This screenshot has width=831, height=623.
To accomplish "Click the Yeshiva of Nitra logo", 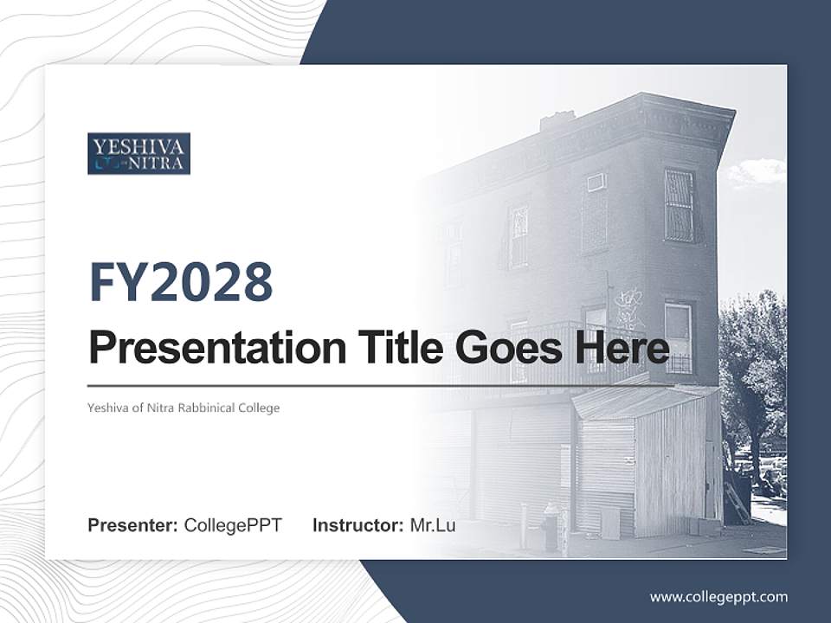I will [x=138, y=153].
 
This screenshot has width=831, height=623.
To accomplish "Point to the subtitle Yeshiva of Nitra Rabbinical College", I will [x=184, y=408].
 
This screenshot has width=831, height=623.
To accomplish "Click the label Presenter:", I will [x=132, y=525].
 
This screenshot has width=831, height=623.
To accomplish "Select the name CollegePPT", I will [x=233, y=525].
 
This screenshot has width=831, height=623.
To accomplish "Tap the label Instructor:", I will [x=358, y=525].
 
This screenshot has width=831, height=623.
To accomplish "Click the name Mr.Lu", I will [x=433, y=525].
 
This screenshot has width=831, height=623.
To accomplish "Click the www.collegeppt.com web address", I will [x=718, y=596].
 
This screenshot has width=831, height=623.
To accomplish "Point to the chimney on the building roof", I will [x=557, y=120].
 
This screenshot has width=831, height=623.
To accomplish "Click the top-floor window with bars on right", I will [x=680, y=206].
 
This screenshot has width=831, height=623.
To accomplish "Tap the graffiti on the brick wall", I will [x=629, y=307].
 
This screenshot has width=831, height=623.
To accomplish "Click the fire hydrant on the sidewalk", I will [x=551, y=526].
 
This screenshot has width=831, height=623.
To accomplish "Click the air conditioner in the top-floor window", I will [x=596, y=183].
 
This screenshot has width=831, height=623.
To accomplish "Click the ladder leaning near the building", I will [x=738, y=502].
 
